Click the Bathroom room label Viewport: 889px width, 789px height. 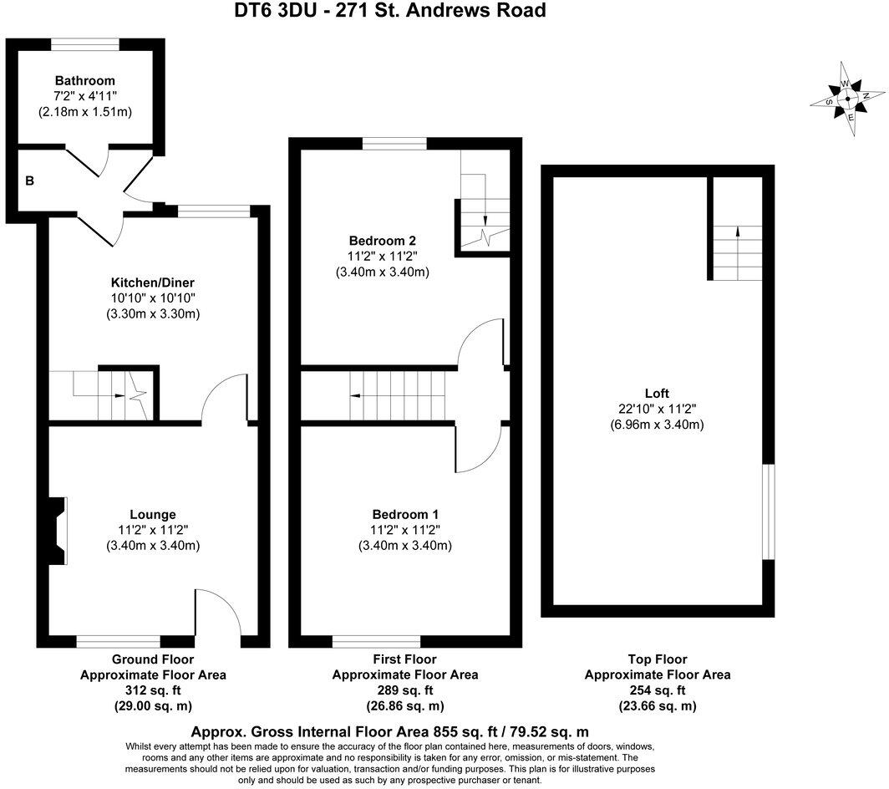tap(85, 81)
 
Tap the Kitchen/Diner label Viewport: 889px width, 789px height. tap(153, 283)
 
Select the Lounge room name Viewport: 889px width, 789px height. tap(152, 514)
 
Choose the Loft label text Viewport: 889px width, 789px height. tap(657, 394)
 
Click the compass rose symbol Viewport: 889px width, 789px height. tap(847, 99)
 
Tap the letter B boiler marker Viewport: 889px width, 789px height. tap(29, 180)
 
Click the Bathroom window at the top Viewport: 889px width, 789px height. tap(85, 43)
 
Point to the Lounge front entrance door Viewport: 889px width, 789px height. tap(220, 623)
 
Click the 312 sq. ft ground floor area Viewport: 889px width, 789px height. tap(153, 690)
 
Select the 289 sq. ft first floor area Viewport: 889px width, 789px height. tap(405, 690)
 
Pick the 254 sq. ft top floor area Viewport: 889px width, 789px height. tap(658, 690)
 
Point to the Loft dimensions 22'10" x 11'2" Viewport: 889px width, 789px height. tap(657, 409)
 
